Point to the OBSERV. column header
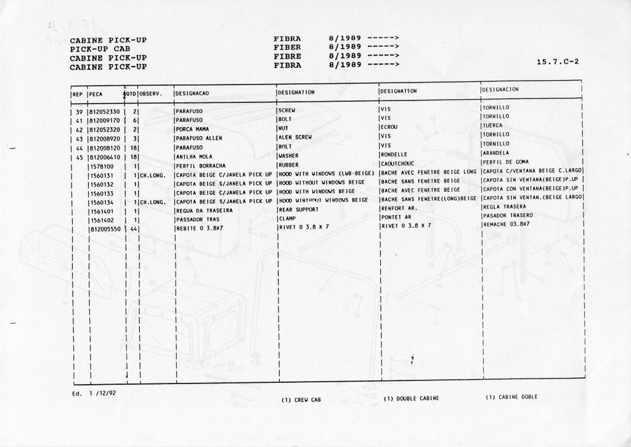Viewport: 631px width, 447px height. pyautogui.click(x=150, y=93)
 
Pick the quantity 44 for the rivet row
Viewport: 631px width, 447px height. pyautogui.click(x=132, y=228)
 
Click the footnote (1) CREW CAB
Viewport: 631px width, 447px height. pyautogui.click(x=301, y=400)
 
